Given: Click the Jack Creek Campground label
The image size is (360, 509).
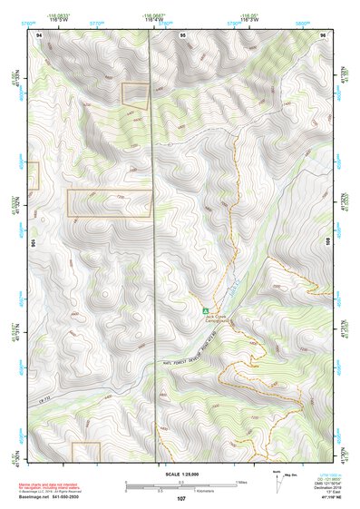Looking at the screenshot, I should coord(219,318).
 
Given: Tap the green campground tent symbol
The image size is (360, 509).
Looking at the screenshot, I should coord(206,310).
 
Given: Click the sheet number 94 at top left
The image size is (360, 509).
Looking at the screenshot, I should coord(39,34).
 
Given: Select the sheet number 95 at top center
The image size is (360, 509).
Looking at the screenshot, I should coord(183,34).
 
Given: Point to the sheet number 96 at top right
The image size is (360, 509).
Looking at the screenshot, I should coord(322,34).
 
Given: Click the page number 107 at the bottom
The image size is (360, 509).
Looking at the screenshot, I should coord(181,499).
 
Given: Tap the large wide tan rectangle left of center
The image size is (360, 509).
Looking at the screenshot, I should coord(108,203).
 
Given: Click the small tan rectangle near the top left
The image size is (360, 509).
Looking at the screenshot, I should coord(135,93).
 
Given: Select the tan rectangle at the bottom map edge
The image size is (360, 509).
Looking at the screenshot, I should coord(86,454).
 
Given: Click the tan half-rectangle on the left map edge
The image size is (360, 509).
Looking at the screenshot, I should coord(34,175).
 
